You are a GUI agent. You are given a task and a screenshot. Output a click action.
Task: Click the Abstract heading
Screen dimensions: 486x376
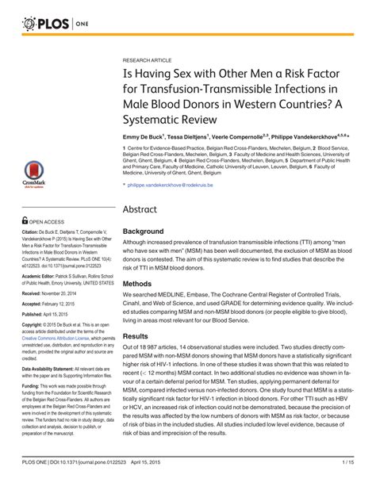tap(145, 208)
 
